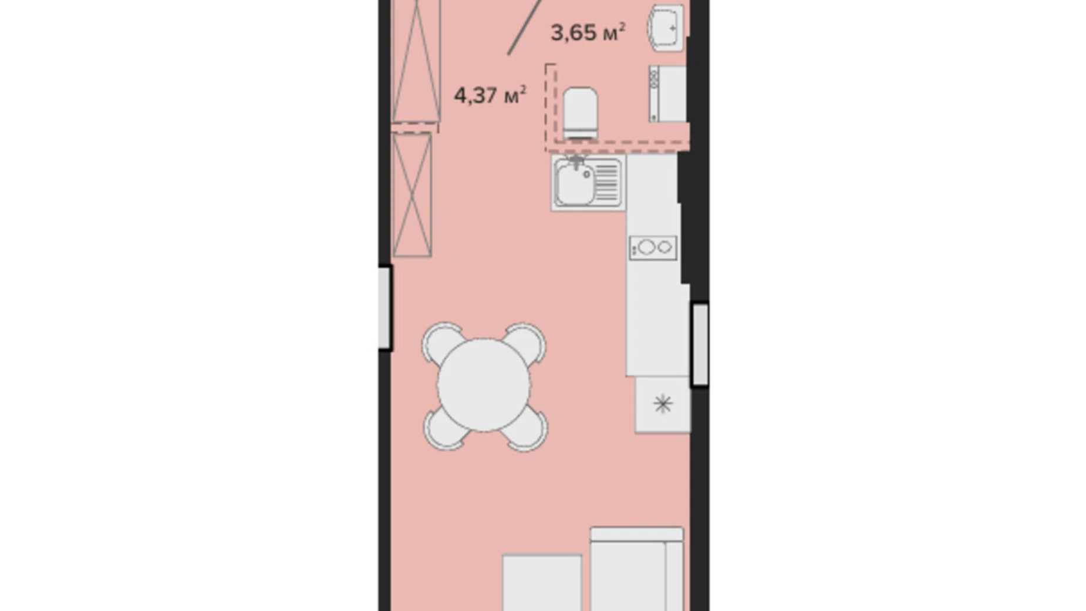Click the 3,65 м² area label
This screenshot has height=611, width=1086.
[x=588, y=33]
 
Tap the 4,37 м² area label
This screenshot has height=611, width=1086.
[x=490, y=95]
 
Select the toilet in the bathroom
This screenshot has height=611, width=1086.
[x=580, y=113]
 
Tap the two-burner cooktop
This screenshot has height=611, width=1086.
[x=653, y=247]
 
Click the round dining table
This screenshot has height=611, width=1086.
[x=484, y=385]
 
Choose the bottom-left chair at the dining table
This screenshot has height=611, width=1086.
[x=445, y=429]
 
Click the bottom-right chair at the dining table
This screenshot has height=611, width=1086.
[x=527, y=429]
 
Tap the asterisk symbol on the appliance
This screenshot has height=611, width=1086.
[x=663, y=404]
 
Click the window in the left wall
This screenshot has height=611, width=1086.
[x=385, y=307]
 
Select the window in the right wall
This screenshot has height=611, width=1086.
[x=700, y=344]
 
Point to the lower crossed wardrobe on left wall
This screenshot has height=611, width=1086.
[x=412, y=194]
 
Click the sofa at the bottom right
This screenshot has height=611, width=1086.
[x=637, y=569]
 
